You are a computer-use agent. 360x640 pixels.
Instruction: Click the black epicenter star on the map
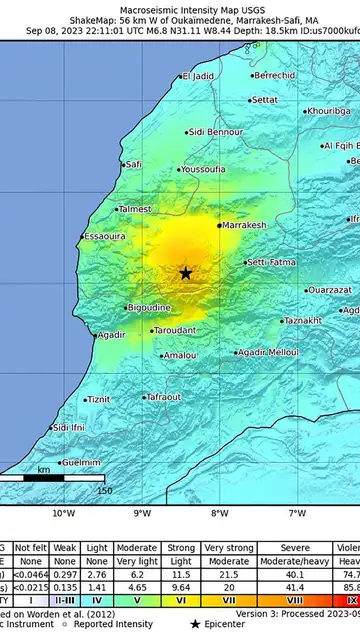click(x=186, y=272)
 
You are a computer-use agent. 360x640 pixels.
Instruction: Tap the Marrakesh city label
click(x=244, y=226)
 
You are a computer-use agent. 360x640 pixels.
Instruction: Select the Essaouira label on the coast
click(x=105, y=236)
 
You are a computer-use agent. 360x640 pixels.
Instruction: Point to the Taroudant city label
click(x=174, y=330)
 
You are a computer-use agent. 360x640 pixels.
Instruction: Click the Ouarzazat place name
click(x=301, y=290)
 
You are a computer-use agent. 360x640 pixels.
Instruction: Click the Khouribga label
click(x=328, y=111)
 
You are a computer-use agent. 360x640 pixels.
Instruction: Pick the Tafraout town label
click(x=163, y=397)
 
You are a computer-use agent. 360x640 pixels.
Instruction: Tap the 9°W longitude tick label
click(x=141, y=513)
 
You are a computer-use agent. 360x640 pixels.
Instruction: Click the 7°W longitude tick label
click(x=297, y=513)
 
